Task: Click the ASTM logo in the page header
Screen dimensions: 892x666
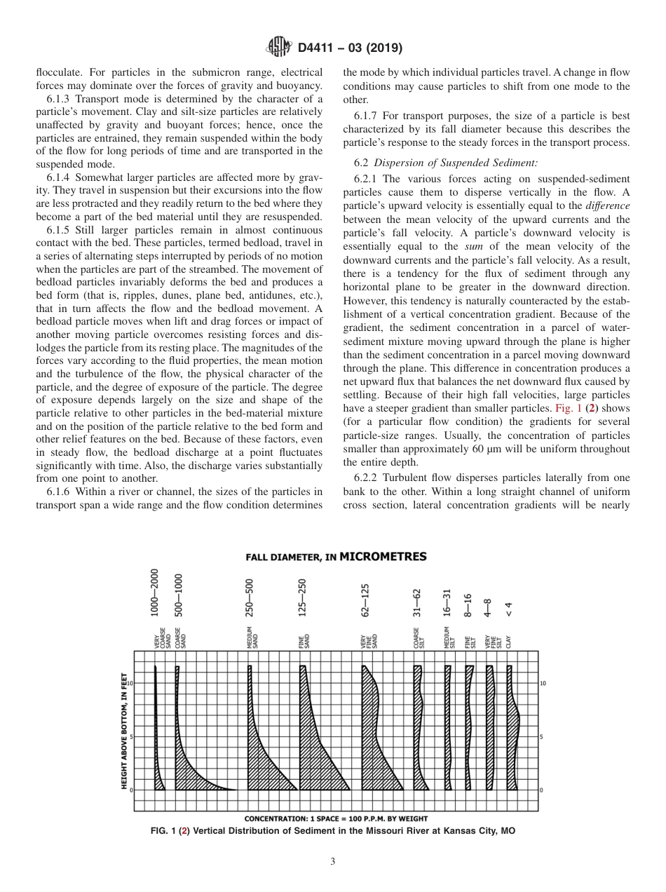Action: tap(278, 48)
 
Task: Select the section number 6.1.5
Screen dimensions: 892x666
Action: tap(59, 230)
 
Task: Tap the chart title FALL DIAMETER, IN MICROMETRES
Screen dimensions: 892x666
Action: tap(336, 557)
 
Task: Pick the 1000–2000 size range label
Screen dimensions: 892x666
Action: tap(156, 593)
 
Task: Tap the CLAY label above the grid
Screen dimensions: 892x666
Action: tap(509, 640)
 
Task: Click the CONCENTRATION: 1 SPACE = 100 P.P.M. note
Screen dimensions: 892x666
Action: tap(336, 818)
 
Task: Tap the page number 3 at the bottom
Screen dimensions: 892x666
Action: tap(333, 862)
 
